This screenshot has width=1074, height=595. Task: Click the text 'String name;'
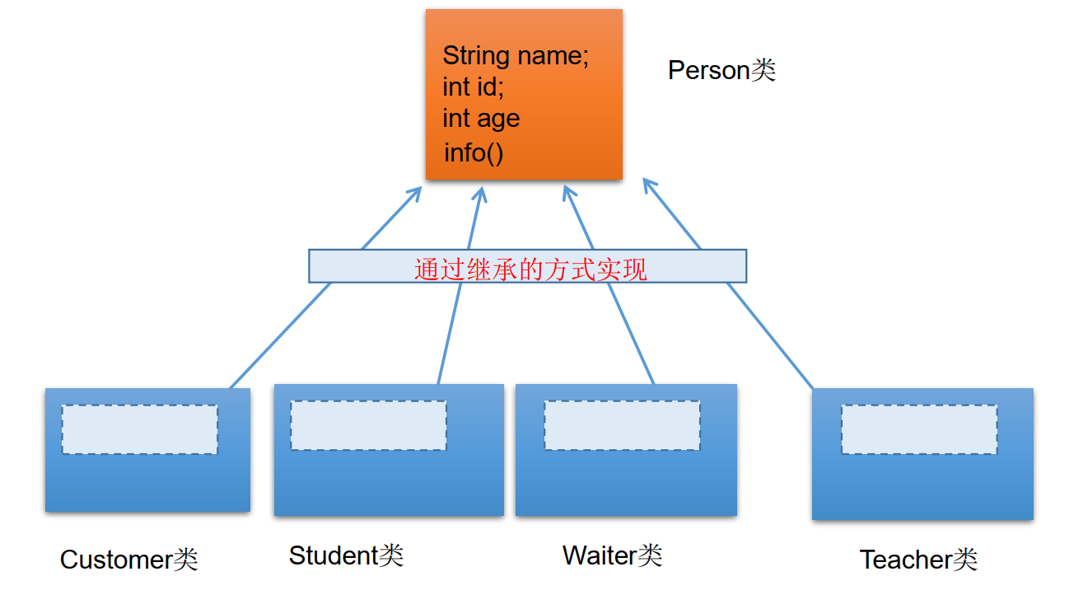pyautogui.click(x=516, y=56)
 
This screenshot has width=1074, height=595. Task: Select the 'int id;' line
pyautogui.click(x=473, y=87)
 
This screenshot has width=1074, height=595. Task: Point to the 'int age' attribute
pyautogui.click(x=481, y=119)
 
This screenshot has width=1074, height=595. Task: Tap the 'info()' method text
pyautogui.click(x=473, y=152)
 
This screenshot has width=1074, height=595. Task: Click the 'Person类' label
pyautogui.click(x=721, y=71)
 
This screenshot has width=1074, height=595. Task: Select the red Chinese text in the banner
pyautogui.click(x=530, y=269)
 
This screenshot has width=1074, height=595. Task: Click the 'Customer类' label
pyautogui.click(x=128, y=560)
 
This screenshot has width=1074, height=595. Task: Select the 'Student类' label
pyautogui.click(x=346, y=555)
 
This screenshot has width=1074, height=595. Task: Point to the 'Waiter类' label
pyautogui.click(x=612, y=555)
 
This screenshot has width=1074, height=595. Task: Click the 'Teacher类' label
pyautogui.click(x=918, y=560)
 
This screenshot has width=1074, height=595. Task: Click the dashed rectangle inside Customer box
pyautogui.click(x=139, y=429)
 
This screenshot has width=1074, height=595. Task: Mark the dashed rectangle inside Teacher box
pyautogui.click(x=918, y=429)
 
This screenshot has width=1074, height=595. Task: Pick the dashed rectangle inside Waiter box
pyautogui.click(x=622, y=425)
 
